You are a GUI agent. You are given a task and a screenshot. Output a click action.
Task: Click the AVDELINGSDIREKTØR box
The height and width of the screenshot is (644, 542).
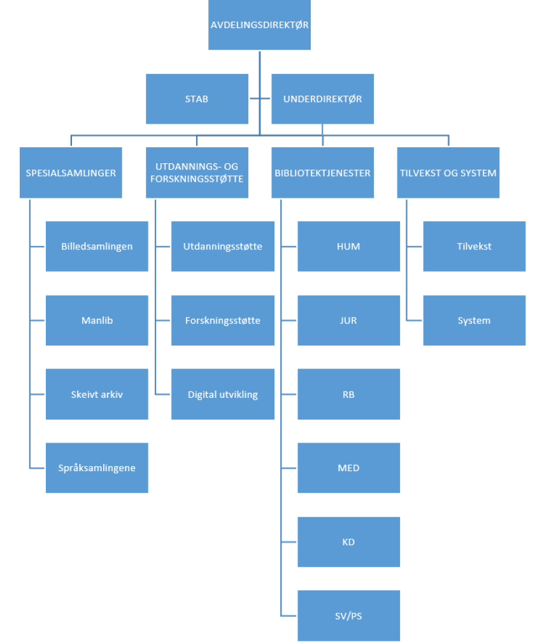(259, 25)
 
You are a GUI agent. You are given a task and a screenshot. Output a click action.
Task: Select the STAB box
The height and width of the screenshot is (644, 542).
(197, 99)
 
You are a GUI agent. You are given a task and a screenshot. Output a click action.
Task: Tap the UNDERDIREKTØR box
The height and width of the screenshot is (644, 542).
(322, 99)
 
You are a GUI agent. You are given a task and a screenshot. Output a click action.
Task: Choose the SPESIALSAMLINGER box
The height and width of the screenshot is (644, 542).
(71, 173)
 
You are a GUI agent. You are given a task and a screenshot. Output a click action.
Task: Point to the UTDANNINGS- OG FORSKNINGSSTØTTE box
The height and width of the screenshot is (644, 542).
(197, 173)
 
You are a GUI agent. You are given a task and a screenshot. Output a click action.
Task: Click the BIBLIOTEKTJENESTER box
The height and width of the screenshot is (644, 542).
(322, 173)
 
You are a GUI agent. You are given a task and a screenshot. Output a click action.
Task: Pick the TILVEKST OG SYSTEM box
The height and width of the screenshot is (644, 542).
(448, 173)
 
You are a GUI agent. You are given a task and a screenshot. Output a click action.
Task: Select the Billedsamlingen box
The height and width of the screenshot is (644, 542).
(97, 246)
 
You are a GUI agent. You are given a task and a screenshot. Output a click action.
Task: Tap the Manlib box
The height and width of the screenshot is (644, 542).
(97, 320)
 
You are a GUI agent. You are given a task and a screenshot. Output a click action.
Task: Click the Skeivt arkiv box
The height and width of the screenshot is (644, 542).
(97, 394)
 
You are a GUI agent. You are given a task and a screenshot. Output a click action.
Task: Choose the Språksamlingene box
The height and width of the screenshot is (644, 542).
(97, 467)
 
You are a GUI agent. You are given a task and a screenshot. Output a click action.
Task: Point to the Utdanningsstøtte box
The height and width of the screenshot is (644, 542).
(223, 246)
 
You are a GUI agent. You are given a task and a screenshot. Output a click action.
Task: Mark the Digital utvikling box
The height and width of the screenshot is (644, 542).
(223, 394)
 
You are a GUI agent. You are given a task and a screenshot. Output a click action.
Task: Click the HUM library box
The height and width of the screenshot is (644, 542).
(348, 246)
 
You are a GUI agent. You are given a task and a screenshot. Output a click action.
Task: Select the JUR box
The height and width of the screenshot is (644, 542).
(348, 320)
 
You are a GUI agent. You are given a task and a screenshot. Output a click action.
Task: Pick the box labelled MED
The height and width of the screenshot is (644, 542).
(348, 467)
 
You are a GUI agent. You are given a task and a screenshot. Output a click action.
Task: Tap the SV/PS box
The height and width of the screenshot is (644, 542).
(348, 615)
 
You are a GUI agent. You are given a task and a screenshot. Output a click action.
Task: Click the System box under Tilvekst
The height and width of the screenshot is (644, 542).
(474, 320)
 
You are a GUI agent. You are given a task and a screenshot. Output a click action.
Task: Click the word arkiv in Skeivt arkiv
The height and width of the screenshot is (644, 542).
(110, 394)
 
